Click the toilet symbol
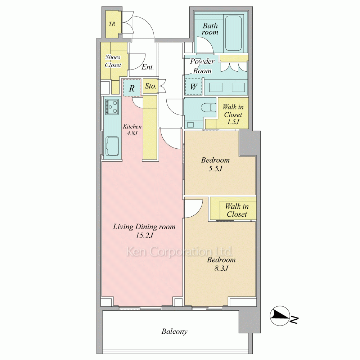[209, 107]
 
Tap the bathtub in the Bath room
[233, 33]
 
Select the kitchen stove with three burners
[112, 107]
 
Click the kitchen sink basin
[112, 146]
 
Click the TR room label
[112, 24]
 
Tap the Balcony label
[175, 331]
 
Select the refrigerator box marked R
[131, 88]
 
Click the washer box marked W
[193, 86]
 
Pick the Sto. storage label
[150, 86]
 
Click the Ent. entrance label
[148, 67]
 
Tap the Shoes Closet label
[113, 61]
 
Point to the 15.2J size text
[144, 235]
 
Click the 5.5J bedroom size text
[215, 169]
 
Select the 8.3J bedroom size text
[221, 268]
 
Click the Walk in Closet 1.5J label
[233, 114]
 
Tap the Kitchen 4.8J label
[132, 130]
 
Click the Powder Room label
[202, 66]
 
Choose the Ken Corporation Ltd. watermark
[180, 251]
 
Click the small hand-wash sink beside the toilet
[190, 125]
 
